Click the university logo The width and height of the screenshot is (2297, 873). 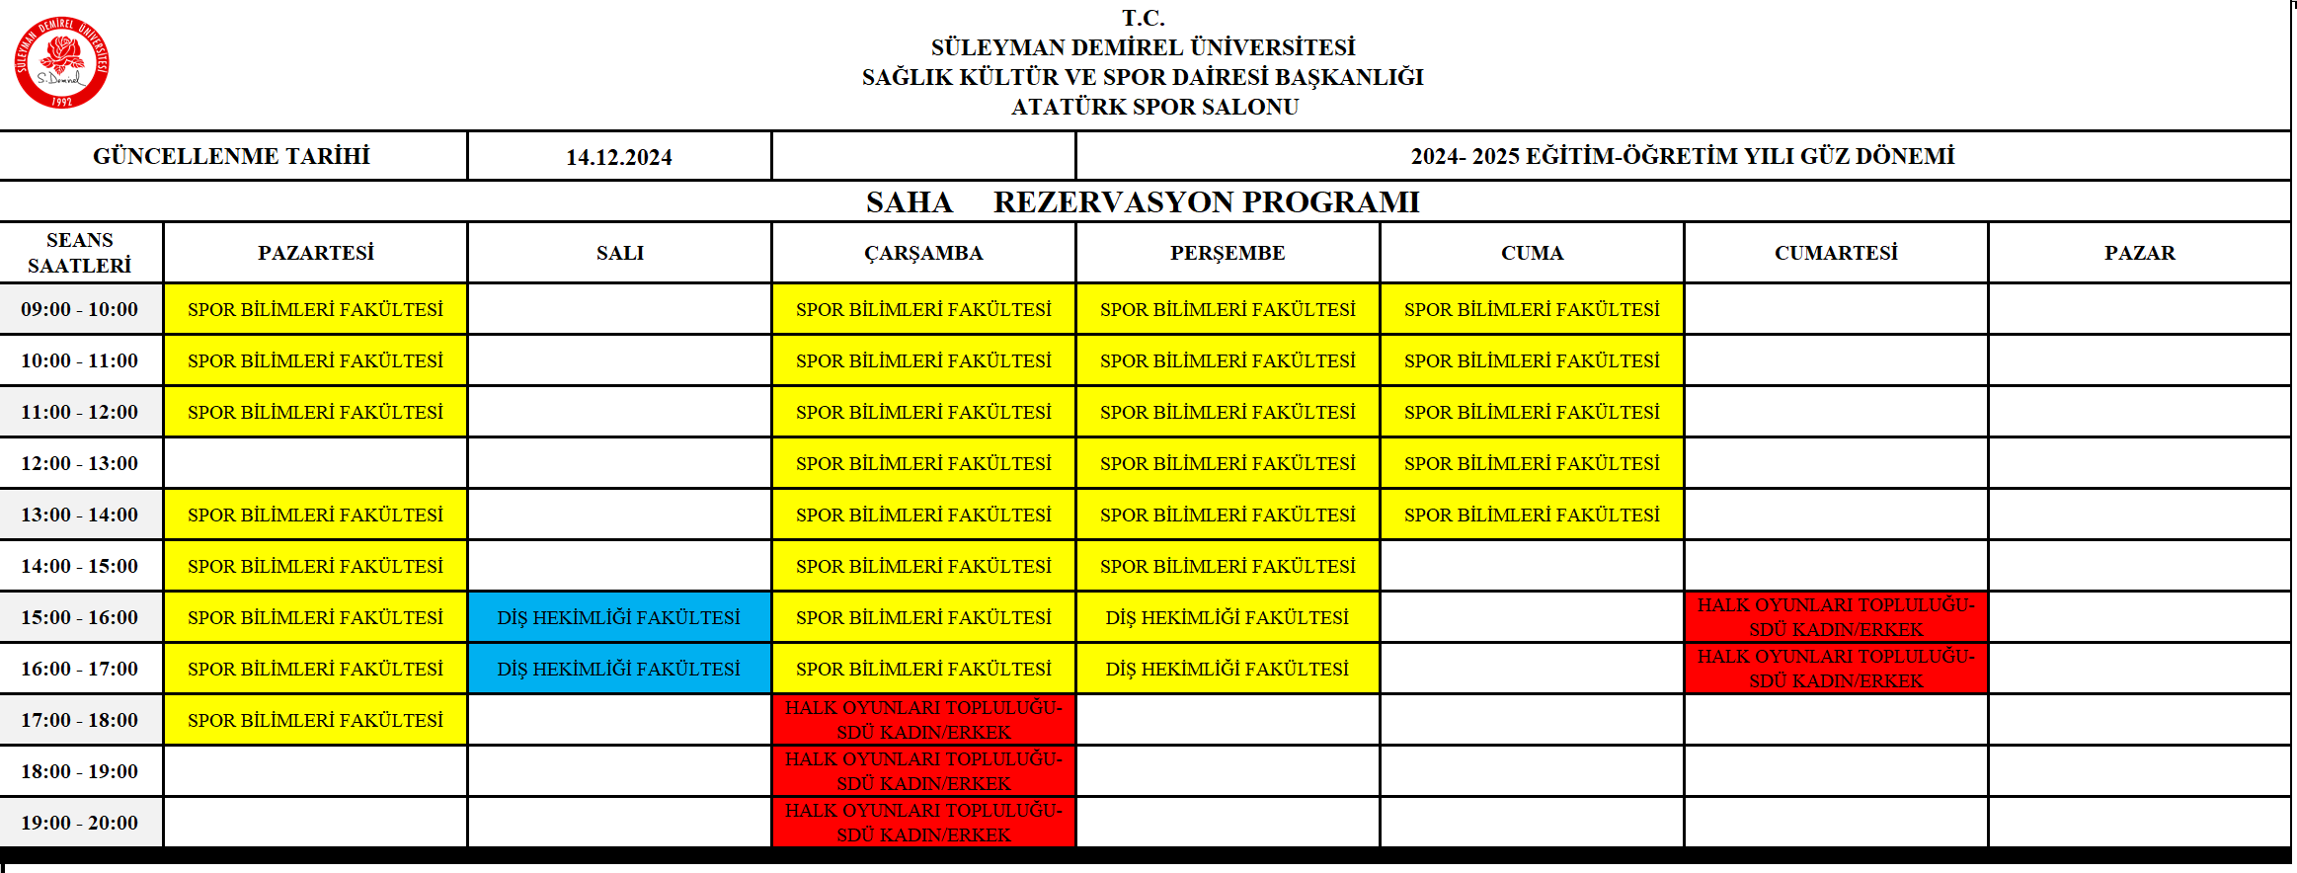[61, 62]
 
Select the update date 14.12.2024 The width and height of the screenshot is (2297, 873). [618, 157]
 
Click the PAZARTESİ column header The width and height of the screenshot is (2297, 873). [316, 253]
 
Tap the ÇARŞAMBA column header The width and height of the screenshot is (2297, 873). [923, 253]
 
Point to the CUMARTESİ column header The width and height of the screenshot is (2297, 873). [1836, 253]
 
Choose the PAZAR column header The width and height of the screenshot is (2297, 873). [2139, 253]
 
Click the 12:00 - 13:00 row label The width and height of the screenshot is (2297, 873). [80, 463]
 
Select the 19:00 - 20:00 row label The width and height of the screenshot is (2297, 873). [80, 823]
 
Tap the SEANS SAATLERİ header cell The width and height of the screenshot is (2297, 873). [80, 253]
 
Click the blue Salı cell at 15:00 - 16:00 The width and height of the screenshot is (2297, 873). [619, 617]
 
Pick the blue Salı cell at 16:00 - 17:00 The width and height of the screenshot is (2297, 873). [619, 669]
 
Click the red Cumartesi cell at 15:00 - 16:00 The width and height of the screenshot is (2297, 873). [1836, 617]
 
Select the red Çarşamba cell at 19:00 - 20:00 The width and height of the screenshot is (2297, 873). [923, 823]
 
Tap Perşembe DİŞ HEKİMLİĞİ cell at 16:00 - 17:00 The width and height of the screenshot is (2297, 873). [1228, 669]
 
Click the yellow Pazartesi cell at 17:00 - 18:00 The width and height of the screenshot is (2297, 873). [316, 720]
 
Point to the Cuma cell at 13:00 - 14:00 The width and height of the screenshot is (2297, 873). [1532, 515]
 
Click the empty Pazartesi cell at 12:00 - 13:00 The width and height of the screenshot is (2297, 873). [316, 463]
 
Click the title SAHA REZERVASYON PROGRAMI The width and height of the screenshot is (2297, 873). [1143, 201]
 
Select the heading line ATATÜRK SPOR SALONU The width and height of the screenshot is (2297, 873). [1154, 107]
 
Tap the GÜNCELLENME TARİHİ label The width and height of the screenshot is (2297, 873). [231, 156]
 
